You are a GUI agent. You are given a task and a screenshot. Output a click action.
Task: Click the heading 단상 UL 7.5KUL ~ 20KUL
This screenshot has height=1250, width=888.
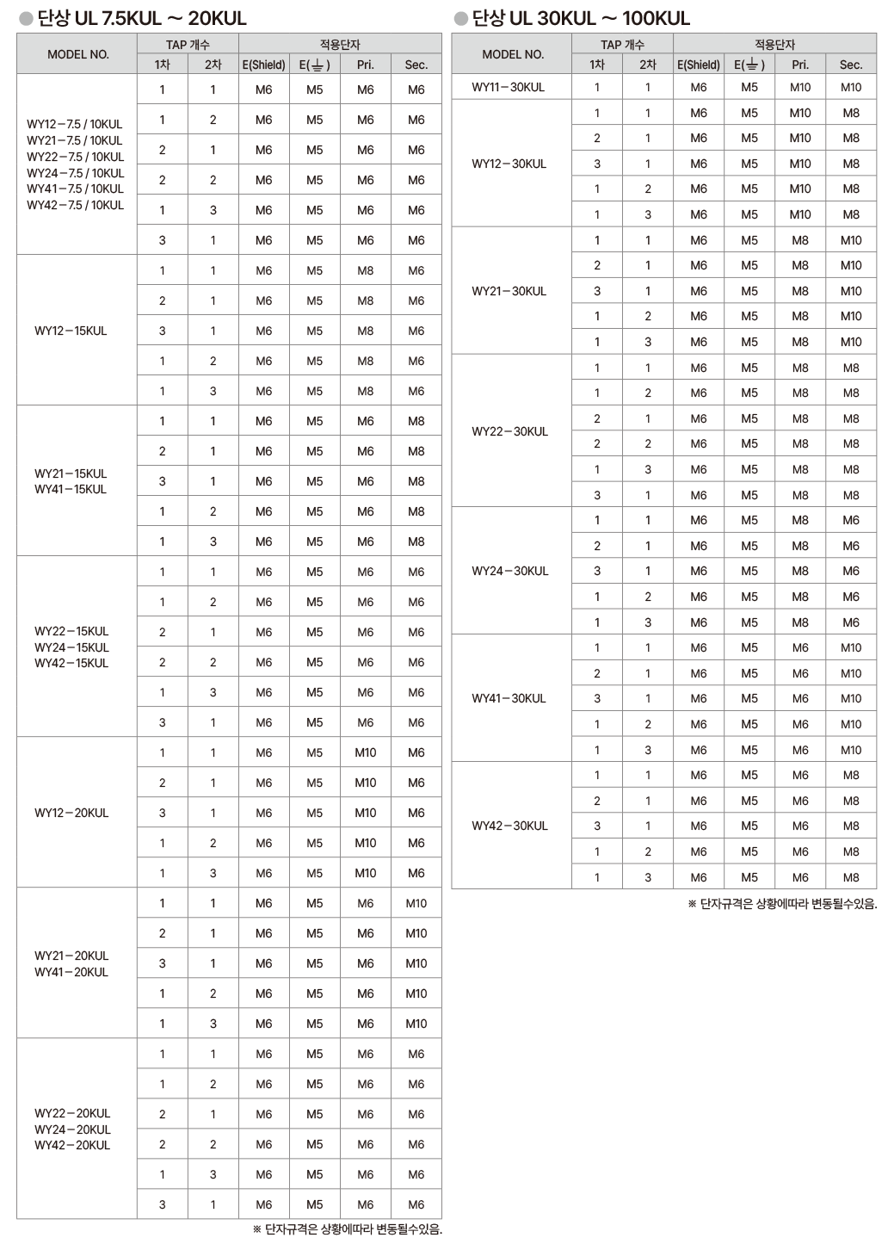coord(142,18)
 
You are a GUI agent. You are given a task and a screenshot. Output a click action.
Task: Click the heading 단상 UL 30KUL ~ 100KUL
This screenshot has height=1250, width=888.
coord(581,18)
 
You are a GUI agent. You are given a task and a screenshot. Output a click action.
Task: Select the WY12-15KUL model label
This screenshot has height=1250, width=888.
coord(71,331)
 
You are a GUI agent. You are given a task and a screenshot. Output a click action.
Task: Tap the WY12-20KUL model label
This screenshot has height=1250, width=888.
coord(71,813)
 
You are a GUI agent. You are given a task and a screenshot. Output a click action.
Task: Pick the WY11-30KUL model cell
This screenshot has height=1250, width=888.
coord(509,87)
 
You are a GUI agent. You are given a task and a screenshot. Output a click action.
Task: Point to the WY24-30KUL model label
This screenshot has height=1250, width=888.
coord(509,571)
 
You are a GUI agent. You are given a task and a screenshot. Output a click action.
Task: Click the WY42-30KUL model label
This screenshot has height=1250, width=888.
coord(509,826)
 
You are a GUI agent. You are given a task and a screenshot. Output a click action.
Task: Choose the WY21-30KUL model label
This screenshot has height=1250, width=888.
coord(509,291)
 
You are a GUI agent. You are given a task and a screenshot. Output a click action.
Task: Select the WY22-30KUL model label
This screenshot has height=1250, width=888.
coord(509,431)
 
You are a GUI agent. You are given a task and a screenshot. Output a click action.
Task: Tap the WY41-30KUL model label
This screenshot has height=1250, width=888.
coord(509,698)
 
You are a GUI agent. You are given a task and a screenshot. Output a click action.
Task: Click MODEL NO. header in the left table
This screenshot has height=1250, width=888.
coord(78,54)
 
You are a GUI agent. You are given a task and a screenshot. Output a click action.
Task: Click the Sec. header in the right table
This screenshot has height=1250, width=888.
coord(851,65)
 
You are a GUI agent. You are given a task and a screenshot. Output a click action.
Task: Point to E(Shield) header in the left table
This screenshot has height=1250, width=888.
coord(263,65)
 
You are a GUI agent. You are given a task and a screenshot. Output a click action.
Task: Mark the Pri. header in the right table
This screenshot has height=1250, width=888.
coord(800,65)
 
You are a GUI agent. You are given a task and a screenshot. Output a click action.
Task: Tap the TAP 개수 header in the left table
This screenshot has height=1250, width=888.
coord(188,45)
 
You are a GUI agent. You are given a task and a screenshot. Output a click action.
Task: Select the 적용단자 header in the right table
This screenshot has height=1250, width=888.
coord(774,45)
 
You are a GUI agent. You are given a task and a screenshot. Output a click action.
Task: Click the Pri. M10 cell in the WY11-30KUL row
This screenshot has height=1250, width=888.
coord(800,87)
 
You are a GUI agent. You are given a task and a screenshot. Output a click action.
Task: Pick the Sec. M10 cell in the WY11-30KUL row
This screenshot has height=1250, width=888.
coord(851,87)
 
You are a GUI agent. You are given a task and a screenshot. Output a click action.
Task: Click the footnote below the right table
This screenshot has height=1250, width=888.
coord(782,904)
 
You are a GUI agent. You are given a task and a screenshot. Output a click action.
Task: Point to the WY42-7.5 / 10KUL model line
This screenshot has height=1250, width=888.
coord(75,205)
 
